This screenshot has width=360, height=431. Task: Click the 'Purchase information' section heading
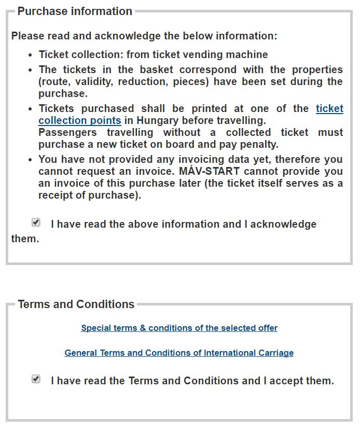tap(75, 11)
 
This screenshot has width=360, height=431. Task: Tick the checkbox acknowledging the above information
tap(36, 223)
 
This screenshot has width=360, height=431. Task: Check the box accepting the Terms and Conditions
tap(36, 379)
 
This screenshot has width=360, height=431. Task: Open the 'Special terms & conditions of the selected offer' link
tap(179, 328)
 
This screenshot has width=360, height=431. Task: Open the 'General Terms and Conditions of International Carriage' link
tap(179, 353)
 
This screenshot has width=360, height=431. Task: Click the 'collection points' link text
tap(80, 121)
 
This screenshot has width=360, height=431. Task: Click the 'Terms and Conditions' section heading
tap(76, 304)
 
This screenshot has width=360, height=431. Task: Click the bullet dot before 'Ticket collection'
tap(31, 55)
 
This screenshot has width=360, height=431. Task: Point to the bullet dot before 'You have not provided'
tap(31, 160)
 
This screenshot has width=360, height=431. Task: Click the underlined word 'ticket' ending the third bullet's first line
tap(329, 109)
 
